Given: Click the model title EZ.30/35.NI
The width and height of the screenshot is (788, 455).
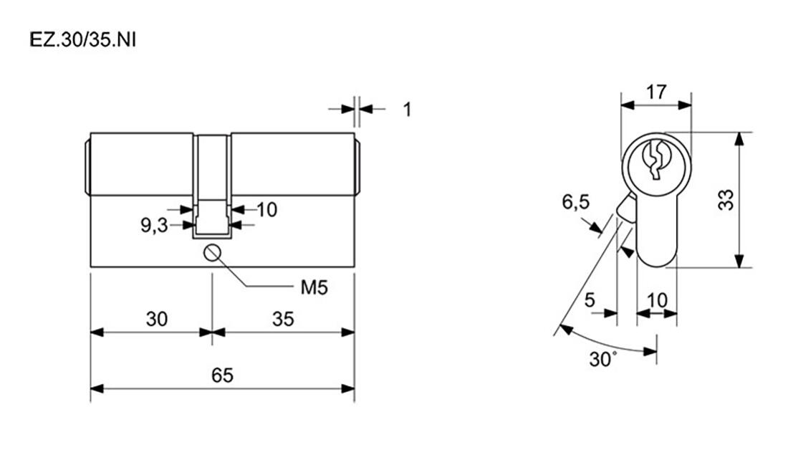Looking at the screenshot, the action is pyautogui.click(x=83, y=39).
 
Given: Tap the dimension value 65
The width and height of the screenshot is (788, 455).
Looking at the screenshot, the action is pyautogui.click(x=222, y=375).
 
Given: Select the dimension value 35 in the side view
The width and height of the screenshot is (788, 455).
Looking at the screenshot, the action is pyautogui.click(x=283, y=319).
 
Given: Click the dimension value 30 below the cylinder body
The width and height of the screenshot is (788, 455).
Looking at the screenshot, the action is pyautogui.click(x=157, y=319).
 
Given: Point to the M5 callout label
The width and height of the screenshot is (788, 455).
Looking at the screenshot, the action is pyautogui.click(x=314, y=287).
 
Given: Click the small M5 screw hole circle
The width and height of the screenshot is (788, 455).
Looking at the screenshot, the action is pyautogui.click(x=212, y=252).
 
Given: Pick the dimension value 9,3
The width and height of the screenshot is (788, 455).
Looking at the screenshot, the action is pyautogui.click(x=154, y=226).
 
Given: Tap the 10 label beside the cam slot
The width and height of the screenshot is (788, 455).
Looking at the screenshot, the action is pyautogui.click(x=267, y=210).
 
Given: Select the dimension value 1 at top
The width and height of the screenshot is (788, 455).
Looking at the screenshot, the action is pyautogui.click(x=408, y=109).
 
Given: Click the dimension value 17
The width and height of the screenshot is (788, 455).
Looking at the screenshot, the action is pyautogui.click(x=656, y=92).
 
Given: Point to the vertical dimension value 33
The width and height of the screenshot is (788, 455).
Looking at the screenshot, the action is pyautogui.click(x=726, y=200).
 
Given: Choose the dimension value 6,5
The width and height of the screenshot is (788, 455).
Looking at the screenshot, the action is pyautogui.click(x=576, y=202).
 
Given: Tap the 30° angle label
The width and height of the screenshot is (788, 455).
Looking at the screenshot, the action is pyautogui.click(x=603, y=359).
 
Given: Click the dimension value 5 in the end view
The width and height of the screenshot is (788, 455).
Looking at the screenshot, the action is pyautogui.click(x=590, y=300).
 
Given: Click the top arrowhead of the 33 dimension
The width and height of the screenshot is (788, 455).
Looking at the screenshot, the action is pyautogui.click(x=739, y=139).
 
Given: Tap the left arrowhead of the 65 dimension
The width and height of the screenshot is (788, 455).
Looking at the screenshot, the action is pyautogui.click(x=97, y=388).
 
